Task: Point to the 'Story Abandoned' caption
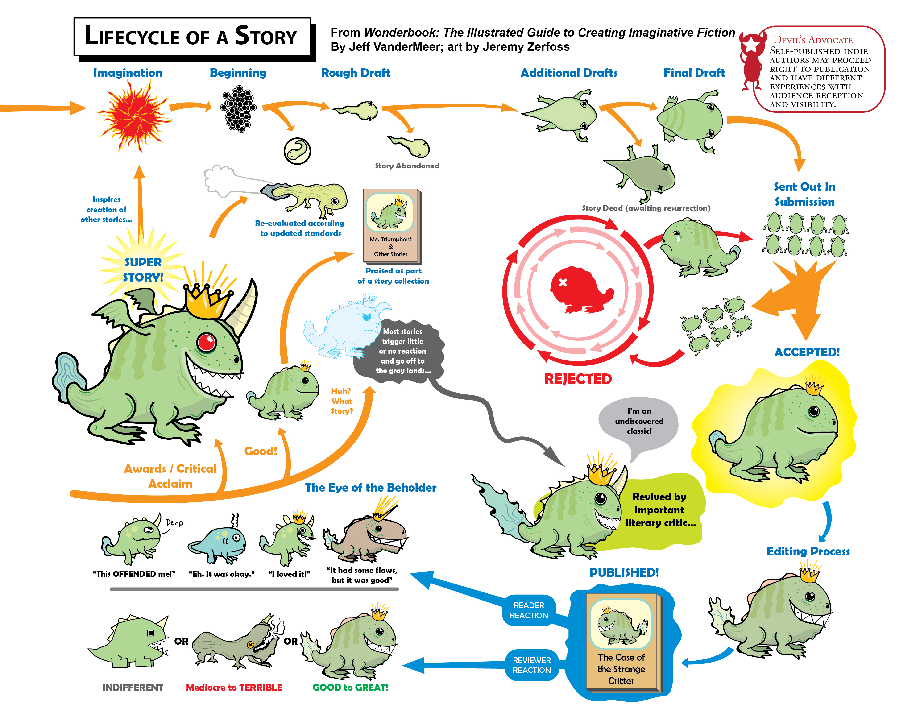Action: tap(407, 166)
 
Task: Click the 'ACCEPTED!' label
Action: tap(807, 352)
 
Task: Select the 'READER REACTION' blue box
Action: tap(529, 610)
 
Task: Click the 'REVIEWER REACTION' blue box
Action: tap(532, 665)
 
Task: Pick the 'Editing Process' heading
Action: tap(808, 552)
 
